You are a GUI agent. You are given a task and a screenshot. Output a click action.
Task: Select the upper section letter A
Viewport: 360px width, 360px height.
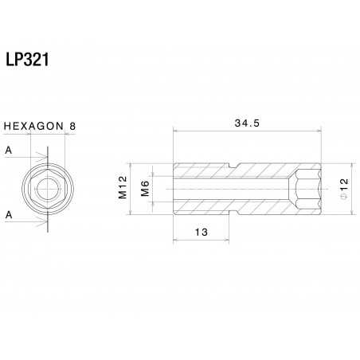(7, 150)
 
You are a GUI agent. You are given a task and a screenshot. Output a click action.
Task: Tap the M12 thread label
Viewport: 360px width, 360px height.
(123, 188)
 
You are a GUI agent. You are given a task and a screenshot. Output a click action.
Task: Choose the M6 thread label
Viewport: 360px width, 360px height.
(146, 189)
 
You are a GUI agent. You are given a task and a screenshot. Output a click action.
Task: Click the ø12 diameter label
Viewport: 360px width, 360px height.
(343, 189)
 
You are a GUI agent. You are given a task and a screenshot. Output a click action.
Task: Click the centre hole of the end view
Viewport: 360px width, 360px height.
(45, 189)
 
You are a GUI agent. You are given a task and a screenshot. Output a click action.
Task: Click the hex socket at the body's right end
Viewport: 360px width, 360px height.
(309, 189)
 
